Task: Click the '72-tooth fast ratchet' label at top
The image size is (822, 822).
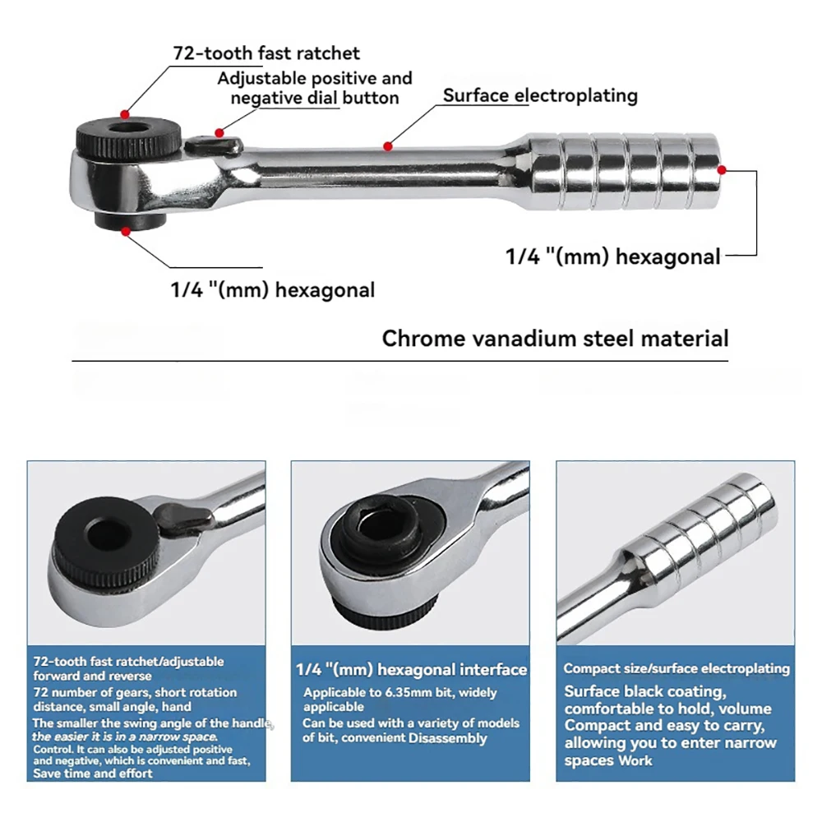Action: [266, 53]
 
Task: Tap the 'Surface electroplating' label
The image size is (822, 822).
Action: [540, 95]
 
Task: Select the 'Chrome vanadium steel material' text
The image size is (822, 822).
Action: [555, 338]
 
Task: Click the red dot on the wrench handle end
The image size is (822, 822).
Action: [721, 170]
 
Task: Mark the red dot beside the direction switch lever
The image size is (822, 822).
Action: [219, 132]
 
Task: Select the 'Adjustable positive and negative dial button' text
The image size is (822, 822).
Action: [315, 88]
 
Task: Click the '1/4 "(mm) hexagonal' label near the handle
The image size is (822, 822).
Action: [612, 256]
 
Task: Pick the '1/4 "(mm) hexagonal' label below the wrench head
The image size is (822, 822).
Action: [273, 289]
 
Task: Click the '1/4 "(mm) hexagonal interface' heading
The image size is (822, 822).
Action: [411, 670]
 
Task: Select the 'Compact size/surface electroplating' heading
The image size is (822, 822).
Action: [676, 668]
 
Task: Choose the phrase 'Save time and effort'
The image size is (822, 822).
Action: [93, 773]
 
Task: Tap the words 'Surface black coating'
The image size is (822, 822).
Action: [644, 691]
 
